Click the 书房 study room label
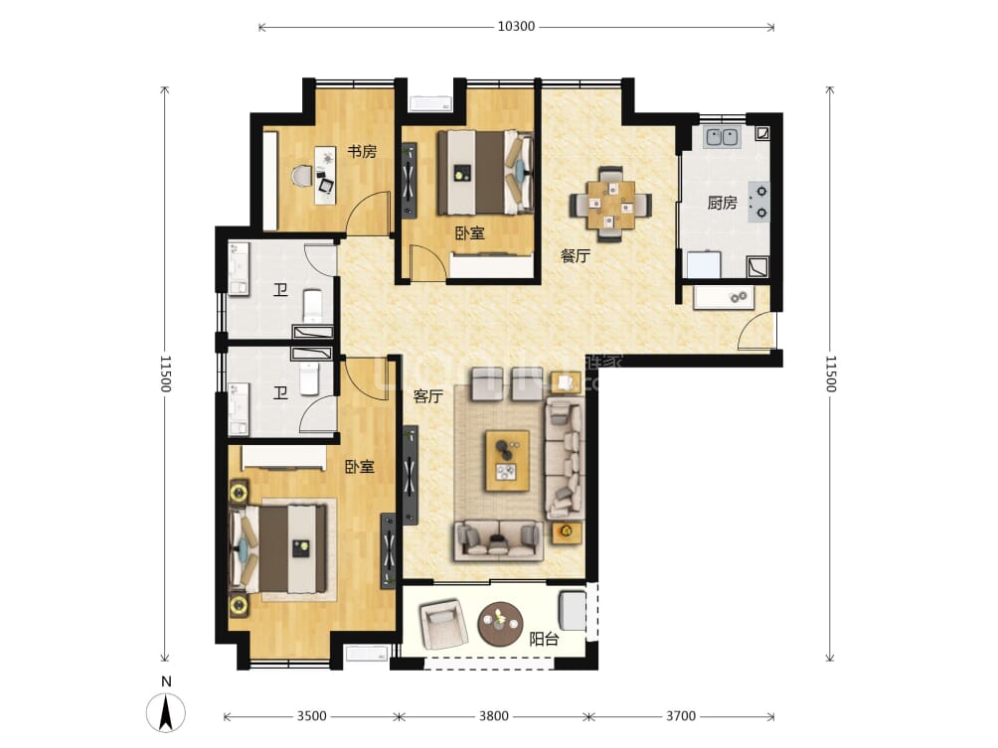tap(362, 152)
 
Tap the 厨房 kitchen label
tap(722, 203)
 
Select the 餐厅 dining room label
tap(576, 255)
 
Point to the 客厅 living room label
tap(427, 396)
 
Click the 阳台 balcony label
tap(543, 639)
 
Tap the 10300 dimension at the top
tap(516, 27)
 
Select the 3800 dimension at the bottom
tap(494, 716)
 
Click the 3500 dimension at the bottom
tap(311, 716)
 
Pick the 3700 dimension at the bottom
tap(681, 716)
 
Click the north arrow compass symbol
tap(167, 712)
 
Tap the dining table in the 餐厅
tap(610, 204)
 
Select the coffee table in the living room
tap(507, 460)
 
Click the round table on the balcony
tap(499, 624)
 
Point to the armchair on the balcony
tap(442, 624)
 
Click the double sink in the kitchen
tap(722, 137)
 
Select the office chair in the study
tap(302, 177)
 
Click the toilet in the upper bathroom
tap(312, 304)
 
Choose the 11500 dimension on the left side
tap(165, 373)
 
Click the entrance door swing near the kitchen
tap(757, 332)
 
